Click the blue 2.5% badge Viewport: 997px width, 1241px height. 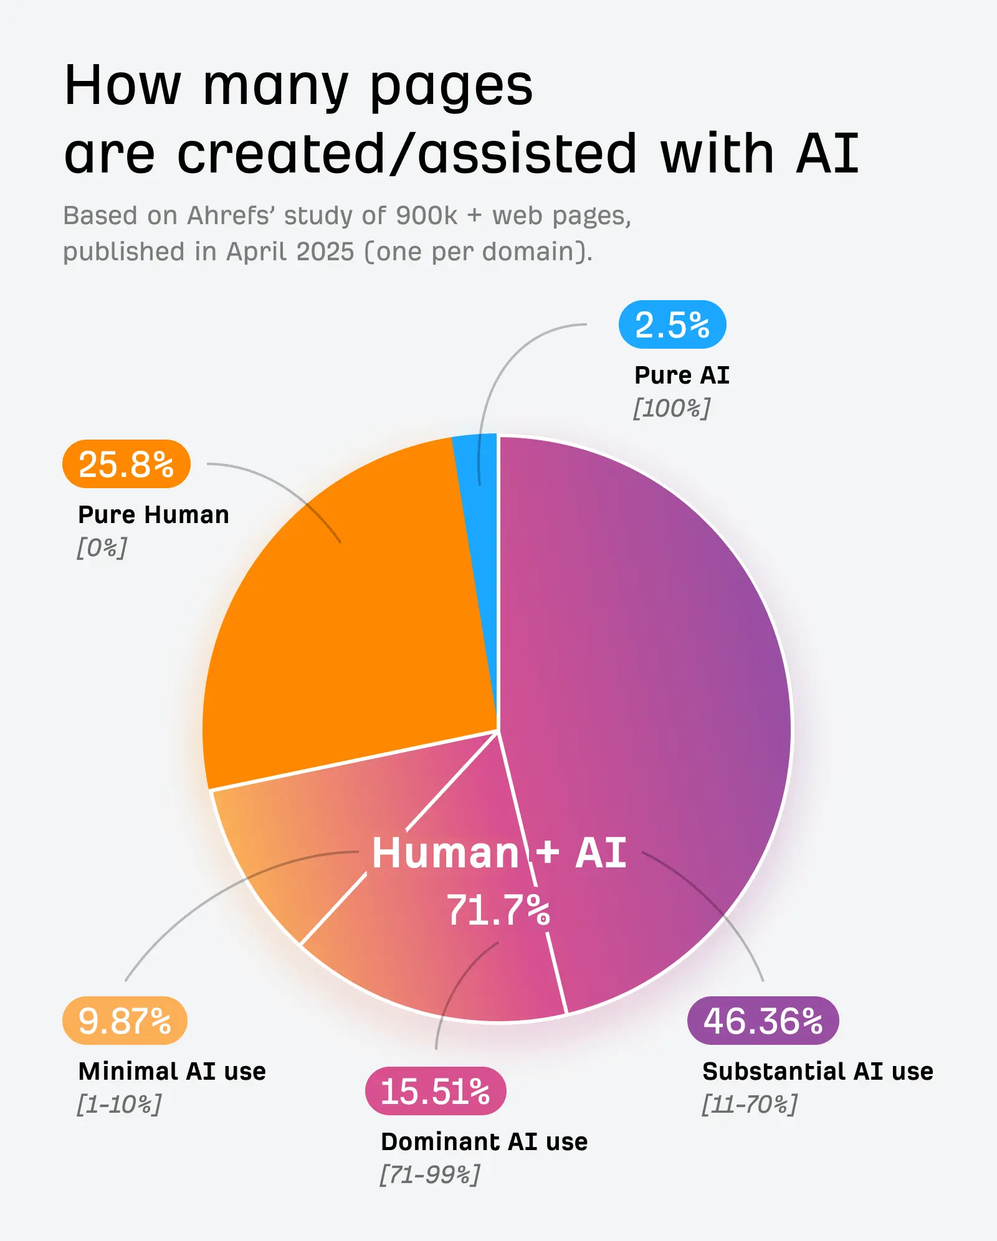point(672,324)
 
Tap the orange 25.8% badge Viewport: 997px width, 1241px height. point(126,464)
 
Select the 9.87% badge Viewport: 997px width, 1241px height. point(125,1021)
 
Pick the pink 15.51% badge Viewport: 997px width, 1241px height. point(436,1091)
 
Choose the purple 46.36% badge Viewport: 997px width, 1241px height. point(763,1021)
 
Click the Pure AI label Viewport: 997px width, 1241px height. point(682,375)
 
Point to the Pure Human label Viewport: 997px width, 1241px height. point(153,514)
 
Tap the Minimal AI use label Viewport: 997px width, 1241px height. point(172,1071)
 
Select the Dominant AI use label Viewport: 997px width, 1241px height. point(484,1141)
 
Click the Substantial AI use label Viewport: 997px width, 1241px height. point(818,1071)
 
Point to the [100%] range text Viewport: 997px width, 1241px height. point(672,408)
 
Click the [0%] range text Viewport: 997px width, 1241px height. point(102,548)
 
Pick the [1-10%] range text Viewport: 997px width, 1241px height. point(119,1105)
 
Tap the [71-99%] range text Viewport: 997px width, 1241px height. point(430,1175)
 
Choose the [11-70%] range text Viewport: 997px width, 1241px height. point(749,1105)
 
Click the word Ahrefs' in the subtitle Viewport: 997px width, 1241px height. point(231,215)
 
